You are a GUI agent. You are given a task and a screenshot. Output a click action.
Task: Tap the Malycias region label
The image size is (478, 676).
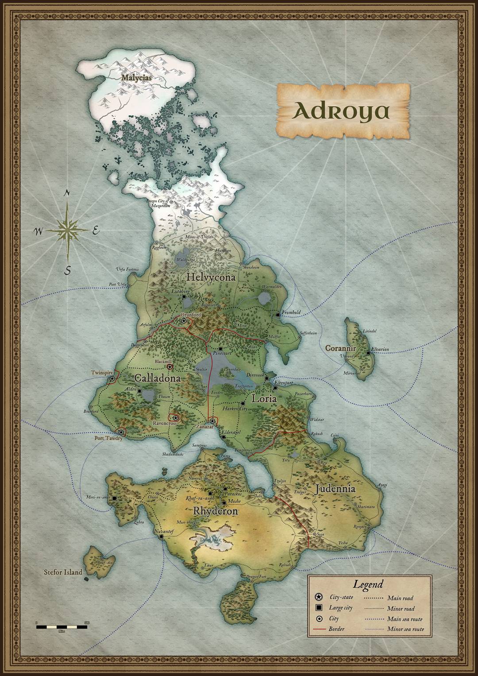tap(136, 77)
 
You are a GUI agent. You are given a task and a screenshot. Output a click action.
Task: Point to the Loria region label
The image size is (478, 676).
tap(264, 398)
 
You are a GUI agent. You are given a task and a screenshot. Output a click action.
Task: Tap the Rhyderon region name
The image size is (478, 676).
tap(216, 511)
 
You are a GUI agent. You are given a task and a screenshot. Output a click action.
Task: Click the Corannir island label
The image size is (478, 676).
tap(340, 348)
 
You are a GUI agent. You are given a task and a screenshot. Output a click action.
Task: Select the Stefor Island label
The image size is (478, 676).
tap(63, 572)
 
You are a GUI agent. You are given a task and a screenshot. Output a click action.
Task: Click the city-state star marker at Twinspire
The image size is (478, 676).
tap(112, 379)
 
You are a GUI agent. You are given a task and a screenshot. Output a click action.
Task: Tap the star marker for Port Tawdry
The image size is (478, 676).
tap(120, 432)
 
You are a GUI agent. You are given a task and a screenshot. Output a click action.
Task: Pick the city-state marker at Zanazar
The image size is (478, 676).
tap(212, 421)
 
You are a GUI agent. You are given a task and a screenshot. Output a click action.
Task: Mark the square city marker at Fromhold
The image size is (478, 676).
tap(278, 314)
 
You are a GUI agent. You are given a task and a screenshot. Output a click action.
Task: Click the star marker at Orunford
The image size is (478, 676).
tap(183, 321)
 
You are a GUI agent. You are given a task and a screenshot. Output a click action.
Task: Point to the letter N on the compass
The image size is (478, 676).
tap(67, 193)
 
